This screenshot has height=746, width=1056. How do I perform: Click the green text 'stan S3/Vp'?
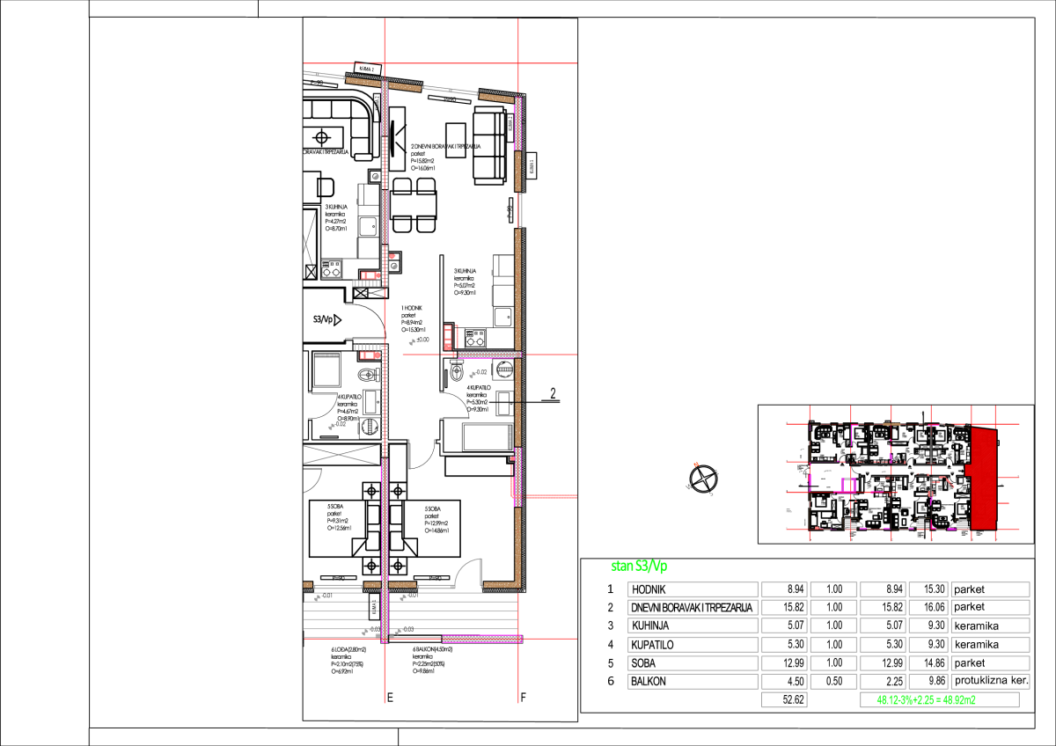coord(639,567)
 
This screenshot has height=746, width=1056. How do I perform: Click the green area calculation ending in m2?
coord(926,700)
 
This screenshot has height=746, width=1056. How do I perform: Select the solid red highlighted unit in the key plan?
coord(984,479)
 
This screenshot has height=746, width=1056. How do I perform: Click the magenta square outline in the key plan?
coord(848,486)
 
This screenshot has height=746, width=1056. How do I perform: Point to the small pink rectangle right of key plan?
coord(1003,503)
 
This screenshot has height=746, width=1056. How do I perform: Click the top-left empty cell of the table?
coord(693,589)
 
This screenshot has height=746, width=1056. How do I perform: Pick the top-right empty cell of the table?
coord(990,589)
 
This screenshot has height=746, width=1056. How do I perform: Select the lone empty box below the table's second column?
coord(784,700)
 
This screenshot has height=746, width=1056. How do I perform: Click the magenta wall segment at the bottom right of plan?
coord(481,639)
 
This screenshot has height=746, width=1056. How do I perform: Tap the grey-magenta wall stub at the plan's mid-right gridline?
coord(488,355)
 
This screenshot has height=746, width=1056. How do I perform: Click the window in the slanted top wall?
coord(450,90)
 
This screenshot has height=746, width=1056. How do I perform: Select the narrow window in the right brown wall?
coord(520,210)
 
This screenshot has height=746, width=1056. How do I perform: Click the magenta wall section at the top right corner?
coord(518,124)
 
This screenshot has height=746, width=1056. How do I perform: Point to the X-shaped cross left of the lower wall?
coord(341,454)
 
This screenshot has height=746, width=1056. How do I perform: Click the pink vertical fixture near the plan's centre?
coord(448,337)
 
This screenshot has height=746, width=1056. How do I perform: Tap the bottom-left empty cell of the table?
coord(693,681)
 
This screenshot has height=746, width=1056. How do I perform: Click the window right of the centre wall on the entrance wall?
coord(436,586)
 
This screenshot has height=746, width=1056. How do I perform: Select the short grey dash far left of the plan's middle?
coord(326,355)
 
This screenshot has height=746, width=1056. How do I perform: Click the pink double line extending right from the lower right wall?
coord(552,497)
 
